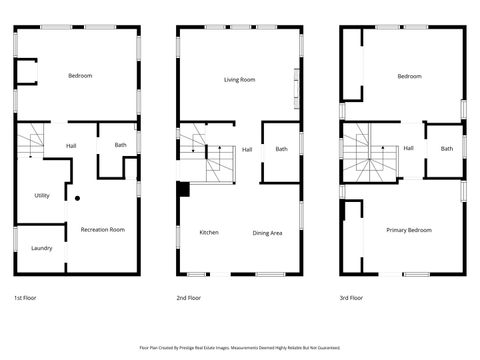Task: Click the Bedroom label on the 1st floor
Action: [x=80, y=77]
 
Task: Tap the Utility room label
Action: [x=42, y=195]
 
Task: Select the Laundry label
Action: [x=41, y=248]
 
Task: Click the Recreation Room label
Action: [x=102, y=229]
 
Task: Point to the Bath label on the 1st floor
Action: [x=120, y=146]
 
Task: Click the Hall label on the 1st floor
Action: [x=71, y=146]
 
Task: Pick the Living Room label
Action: [x=239, y=79]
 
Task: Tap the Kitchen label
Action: [x=208, y=233]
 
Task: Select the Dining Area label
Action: [x=267, y=233]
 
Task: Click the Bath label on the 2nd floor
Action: [x=282, y=149]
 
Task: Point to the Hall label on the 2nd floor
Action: [x=246, y=149]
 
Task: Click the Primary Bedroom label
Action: [x=409, y=230]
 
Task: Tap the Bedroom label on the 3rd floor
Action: [x=409, y=77]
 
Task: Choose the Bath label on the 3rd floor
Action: [x=447, y=149]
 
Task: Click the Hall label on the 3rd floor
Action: [x=408, y=149]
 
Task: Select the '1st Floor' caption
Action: [x=27, y=298]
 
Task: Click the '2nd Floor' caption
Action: [x=189, y=298]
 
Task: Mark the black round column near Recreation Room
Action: [x=77, y=199]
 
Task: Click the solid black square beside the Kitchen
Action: [x=183, y=189]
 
